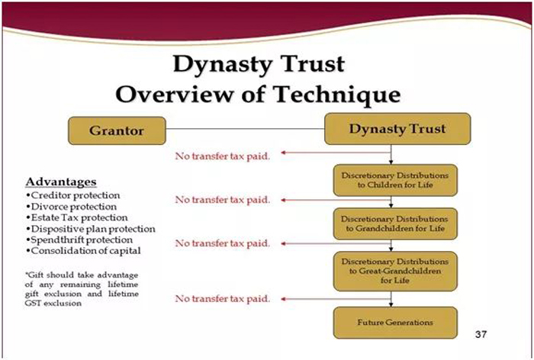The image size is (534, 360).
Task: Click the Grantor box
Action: [117, 130]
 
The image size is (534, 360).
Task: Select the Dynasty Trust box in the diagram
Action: [397, 129]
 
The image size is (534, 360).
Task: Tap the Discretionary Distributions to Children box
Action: [395, 180]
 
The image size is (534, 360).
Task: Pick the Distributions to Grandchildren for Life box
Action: [395, 223]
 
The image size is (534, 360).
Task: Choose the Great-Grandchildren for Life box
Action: [395, 271]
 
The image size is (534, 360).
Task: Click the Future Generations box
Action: [395, 323]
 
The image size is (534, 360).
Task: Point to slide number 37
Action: [481, 334]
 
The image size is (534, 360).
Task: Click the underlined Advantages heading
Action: [61, 182]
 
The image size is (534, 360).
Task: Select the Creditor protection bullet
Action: [73, 195]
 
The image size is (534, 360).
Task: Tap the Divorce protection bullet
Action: [71, 207]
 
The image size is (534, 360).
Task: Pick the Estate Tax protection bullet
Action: [76, 217]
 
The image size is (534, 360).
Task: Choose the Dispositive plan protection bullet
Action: [91, 229]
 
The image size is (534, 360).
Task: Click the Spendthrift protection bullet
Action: [79, 239]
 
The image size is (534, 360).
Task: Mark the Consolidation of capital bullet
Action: [83, 251]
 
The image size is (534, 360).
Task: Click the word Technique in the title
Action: [337, 95]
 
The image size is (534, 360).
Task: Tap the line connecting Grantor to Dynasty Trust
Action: [245, 129]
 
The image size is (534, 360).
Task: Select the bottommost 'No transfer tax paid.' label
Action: [223, 299]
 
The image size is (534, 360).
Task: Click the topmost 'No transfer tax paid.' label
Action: [223, 156]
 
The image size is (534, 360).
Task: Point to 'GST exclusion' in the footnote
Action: [53, 303]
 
